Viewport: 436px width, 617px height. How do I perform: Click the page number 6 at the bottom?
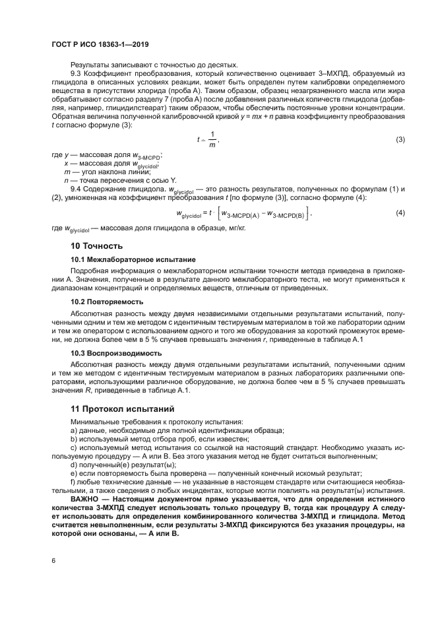(53, 560)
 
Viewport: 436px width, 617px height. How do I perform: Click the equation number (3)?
(400, 139)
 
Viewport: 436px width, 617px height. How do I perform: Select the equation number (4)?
(400, 213)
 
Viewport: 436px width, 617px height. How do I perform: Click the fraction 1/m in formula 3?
(212, 139)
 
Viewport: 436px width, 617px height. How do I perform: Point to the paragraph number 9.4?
(75, 189)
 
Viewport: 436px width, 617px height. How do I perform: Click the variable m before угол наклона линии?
(67, 171)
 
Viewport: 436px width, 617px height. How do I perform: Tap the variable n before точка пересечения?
(66, 179)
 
